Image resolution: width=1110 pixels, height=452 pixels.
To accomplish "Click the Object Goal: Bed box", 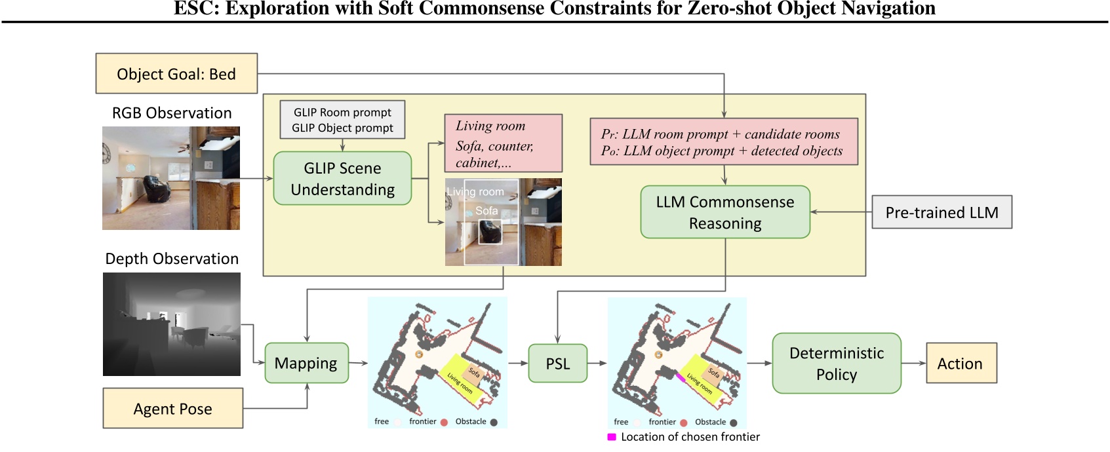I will [176, 73].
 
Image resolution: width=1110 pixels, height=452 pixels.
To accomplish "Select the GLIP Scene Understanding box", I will [342, 179].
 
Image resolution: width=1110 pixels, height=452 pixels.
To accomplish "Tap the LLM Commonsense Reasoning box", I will [724, 212].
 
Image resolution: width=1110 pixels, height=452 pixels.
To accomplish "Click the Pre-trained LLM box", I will [942, 212].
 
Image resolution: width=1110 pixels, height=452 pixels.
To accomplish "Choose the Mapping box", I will [306, 363].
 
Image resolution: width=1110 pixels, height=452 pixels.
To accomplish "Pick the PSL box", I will [558, 364].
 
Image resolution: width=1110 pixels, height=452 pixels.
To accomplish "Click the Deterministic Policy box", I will [836, 364].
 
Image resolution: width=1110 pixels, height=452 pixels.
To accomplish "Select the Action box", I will [961, 364].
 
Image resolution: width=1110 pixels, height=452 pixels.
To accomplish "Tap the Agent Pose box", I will [172, 409].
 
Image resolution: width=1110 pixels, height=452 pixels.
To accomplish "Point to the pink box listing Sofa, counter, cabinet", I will [503, 143].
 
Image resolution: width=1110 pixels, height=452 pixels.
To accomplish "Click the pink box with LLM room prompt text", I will [723, 142].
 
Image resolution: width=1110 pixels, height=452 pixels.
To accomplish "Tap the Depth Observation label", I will [172, 259].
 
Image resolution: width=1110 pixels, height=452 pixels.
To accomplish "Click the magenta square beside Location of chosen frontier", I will [612, 437].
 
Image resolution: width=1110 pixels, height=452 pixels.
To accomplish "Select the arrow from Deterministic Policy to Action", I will [913, 364].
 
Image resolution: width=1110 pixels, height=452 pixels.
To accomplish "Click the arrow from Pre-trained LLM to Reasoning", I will [841, 212].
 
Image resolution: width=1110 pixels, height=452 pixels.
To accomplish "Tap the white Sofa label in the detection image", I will [486, 211].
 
